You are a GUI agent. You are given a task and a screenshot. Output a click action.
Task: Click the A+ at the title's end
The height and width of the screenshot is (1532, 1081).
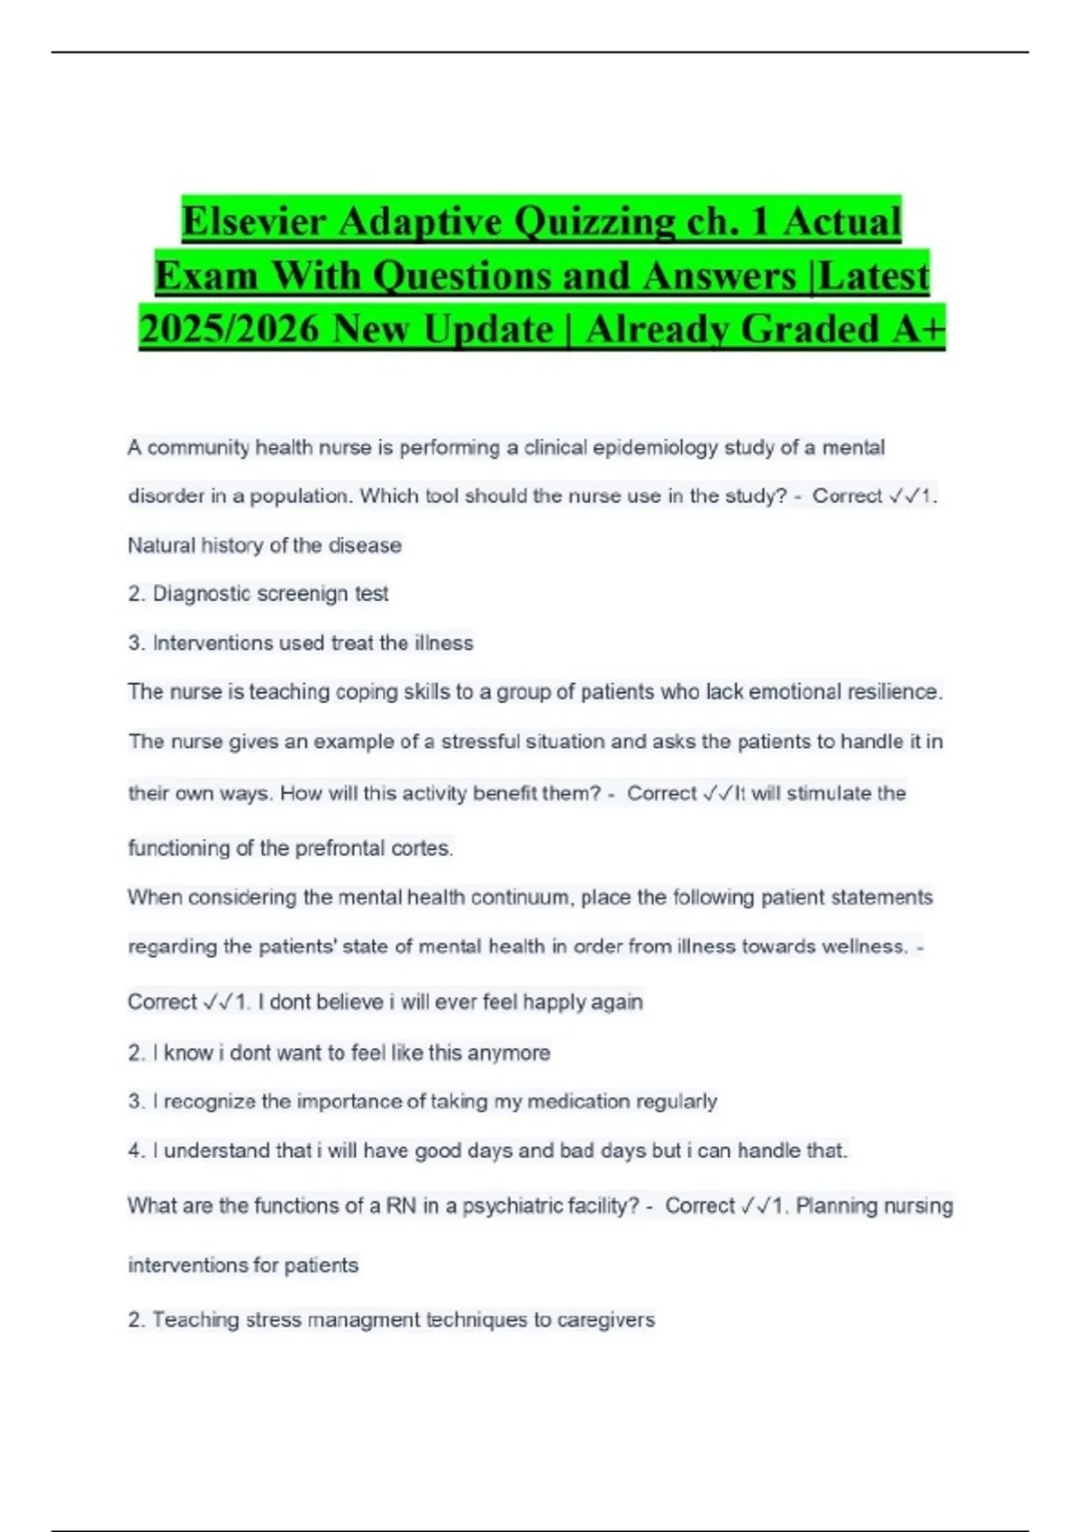coord(918,330)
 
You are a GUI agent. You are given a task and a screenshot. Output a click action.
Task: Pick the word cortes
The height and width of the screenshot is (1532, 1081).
coord(422,848)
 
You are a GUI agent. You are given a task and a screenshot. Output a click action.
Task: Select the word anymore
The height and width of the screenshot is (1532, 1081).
coord(509,1053)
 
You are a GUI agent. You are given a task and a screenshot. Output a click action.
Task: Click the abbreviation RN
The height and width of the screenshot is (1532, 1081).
coord(401,1206)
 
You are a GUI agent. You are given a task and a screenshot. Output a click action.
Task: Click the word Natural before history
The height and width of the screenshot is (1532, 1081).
coord(160,545)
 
